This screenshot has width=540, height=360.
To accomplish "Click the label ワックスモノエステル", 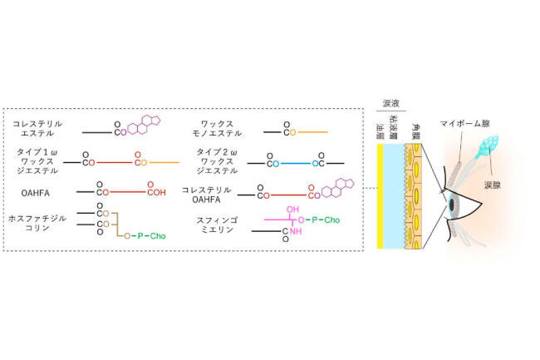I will point(214,127).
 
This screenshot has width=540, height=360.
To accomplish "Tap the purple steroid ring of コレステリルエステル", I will point(147,126).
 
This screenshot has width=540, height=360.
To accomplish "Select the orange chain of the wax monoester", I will point(312,131).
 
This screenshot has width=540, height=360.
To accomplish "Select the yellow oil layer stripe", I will point(379,196).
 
